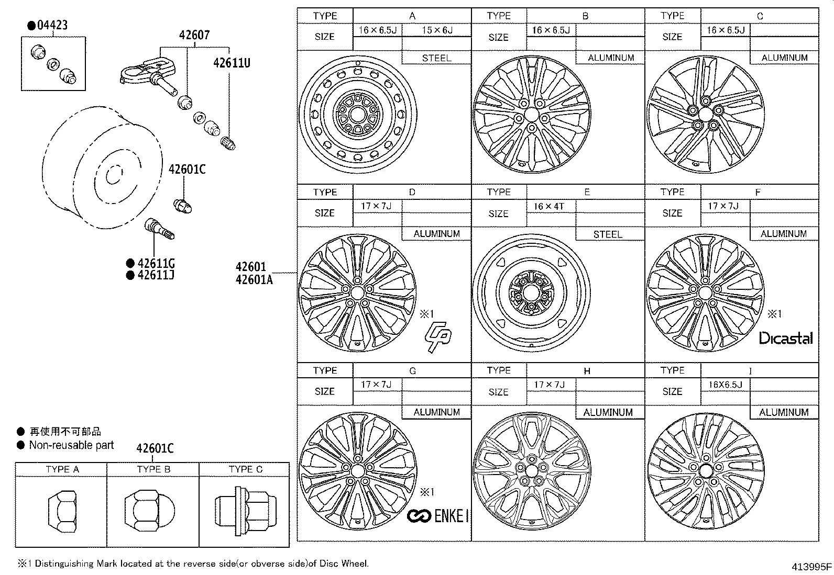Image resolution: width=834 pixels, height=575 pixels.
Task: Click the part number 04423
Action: (x=52, y=25)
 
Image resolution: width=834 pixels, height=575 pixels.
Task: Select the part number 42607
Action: (x=194, y=35)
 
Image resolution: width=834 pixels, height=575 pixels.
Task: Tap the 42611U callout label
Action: (x=232, y=63)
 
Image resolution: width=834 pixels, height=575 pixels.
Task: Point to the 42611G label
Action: (x=156, y=263)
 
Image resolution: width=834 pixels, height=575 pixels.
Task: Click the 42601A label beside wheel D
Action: (x=254, y=280)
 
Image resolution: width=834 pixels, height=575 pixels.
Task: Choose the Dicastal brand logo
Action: (x=786, y=339)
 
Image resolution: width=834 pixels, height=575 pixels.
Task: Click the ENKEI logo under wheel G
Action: (x=438, y=516)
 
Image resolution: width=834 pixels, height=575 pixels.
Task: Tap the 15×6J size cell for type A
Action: (x=437, y=30)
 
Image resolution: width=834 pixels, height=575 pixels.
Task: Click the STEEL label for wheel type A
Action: (x=436, y=58)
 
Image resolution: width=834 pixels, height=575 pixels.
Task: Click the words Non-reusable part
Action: (x=71, y=445)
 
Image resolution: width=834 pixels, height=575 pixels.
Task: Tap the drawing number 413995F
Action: (x=811, y=567)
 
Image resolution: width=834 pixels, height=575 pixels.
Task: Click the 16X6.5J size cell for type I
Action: (x=725, y=385)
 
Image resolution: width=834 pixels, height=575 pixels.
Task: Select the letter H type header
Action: (x=587, y=371)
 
